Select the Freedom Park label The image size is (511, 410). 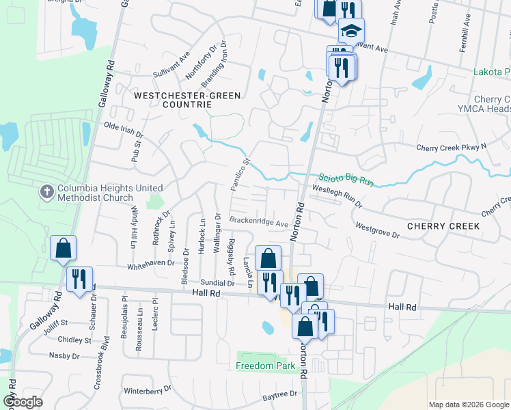[266, 366]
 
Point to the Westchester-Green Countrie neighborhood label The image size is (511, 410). [182, 100]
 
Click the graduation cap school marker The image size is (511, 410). [352, 31]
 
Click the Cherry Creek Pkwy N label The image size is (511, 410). [451, 147]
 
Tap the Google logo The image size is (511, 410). [23, 401]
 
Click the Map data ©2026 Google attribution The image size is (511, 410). [469, 405]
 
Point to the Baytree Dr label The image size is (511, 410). [280, 395]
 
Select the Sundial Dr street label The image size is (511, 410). [217, 282]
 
